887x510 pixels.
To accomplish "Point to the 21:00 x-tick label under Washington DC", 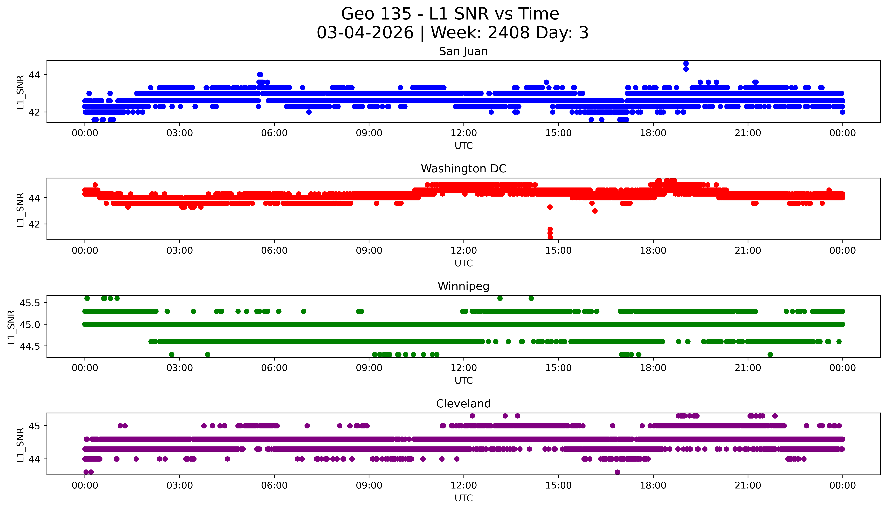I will coord(748,250).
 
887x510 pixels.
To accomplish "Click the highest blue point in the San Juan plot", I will coord(686,63).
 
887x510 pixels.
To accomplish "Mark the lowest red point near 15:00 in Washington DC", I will coord(550,237).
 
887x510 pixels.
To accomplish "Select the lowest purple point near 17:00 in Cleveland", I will coord(617,472).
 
